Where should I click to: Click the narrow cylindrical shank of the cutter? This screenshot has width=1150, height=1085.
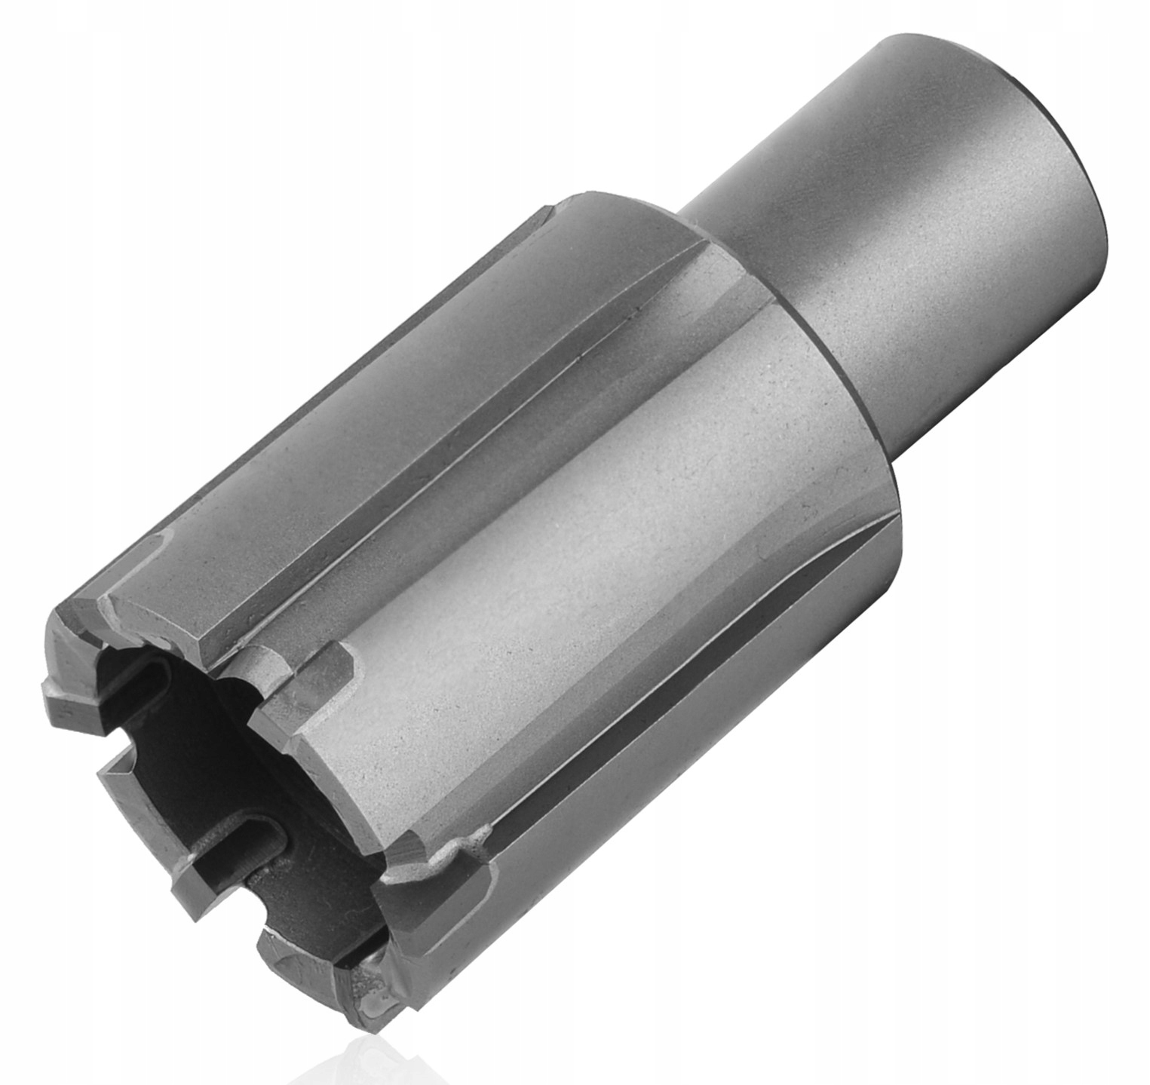[x=890, y=226]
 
